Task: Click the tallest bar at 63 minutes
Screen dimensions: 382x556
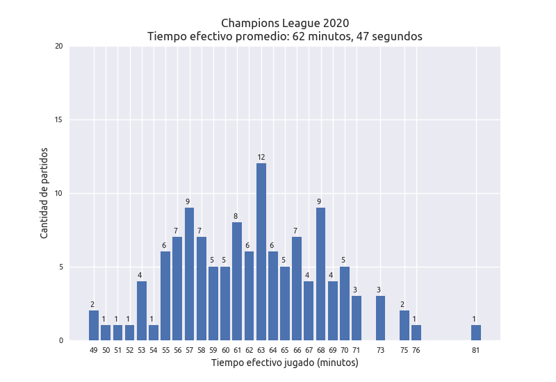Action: click(261, 251)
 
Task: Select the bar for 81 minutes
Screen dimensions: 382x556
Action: click(476, 333)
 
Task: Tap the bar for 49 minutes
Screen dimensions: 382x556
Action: click(94, 325)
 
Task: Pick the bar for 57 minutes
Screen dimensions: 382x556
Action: click(189, 274)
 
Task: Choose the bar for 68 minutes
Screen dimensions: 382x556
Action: click(320, 274)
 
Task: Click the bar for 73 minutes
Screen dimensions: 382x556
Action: click(380, 318)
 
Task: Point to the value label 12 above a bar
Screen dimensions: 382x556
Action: click(261, 158)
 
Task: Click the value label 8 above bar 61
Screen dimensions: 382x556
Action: click(237, 217)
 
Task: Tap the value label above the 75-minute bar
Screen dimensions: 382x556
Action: click(402, 305)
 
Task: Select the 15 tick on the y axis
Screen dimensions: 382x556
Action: click(58, 120)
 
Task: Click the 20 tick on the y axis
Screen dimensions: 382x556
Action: click(58, 47)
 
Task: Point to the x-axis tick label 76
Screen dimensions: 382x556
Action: click(416, 351)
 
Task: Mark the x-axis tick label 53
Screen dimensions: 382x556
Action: click(142, 351)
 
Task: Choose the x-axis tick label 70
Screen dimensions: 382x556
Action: click(344, 351)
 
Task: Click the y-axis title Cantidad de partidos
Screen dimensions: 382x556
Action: click(44, 193)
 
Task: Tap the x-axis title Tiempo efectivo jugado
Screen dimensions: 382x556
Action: click(285, 363)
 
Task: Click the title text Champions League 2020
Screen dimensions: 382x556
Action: click(285, 23)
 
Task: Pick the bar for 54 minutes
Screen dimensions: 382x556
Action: click(154, 333)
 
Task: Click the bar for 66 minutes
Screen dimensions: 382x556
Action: click(297, 288)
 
